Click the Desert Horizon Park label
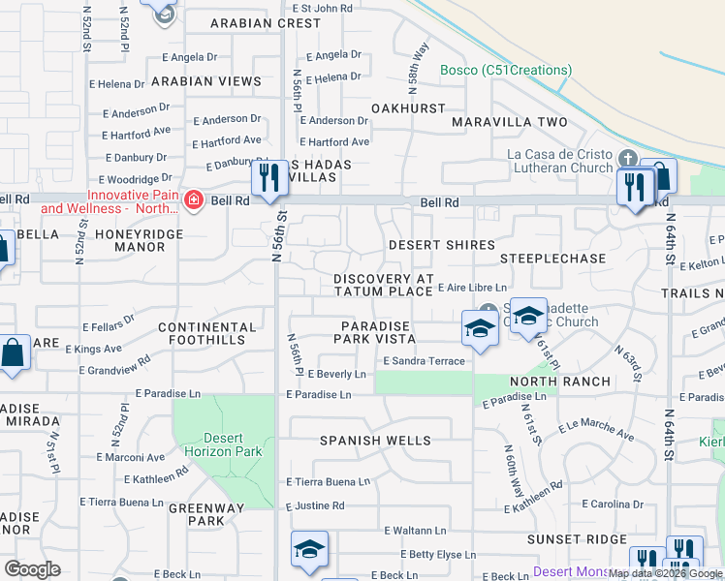[224, 444]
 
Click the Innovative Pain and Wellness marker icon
[194, 200]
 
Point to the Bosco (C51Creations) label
[506, 70]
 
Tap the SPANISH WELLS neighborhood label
[376, 441]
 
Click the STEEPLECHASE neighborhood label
[553, 260]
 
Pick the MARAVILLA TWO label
[510, 122]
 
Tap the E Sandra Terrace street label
[424, 360]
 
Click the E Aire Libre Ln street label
[472, 288]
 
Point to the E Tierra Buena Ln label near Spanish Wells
[328, 481]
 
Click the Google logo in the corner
[32, 568]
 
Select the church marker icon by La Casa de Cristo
[627, 157]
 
